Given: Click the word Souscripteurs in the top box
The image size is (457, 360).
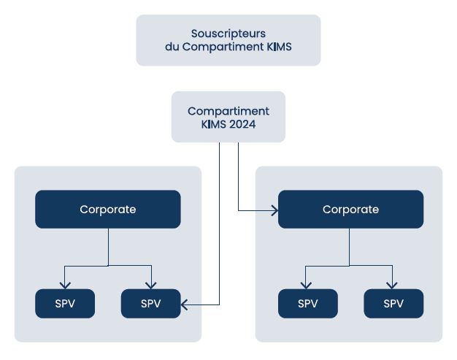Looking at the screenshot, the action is pyautogui.click(x=228, y=34).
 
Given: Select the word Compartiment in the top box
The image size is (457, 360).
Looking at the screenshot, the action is pyautogui.click(x=223, y=47).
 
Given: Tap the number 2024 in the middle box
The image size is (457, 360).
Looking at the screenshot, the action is pyautogui.click(x=242, y=124).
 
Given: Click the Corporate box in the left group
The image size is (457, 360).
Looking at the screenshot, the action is pyautogui.click(x=108, y=210).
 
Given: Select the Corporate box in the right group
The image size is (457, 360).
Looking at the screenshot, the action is pyautogui.click(x=350, y=210).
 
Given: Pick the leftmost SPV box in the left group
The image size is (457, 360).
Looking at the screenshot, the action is pyautogui.click(x=65, y=304).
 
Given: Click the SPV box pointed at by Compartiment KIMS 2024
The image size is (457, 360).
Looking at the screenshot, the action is pyautogui.click(x=150, y=304).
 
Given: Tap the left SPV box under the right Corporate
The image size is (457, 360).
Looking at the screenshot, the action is pyautogui.click(x=308, y=304).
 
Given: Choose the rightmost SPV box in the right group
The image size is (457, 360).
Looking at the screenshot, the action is pyautogui.click(x=393, y=304).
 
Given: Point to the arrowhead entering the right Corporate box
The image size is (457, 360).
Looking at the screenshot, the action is pyautogui.click(x=275, y=210).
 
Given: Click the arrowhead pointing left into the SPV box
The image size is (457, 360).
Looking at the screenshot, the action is pyautogui.click(x=184, y=305).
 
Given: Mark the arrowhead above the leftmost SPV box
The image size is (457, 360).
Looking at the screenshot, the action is pyautogui.click(x=65, y=285).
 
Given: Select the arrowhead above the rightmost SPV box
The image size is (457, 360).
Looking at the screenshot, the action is pyautogui.click(x=392, y=285).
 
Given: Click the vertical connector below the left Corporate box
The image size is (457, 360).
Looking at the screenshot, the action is pyautogui.click(x=109, y=247).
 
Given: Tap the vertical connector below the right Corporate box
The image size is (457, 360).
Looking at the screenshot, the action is pyautogui.click(x=349, y=247).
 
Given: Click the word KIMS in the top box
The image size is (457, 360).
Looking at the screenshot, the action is pyautogui.click(x=279, y=47).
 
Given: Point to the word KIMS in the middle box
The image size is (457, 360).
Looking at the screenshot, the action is pyautogui.click(x=214, y=124).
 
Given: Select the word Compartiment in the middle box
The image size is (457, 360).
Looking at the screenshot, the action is pyautogui.click(x=228, y=112).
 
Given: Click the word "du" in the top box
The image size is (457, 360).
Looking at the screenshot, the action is pyautogui.click(x=172, y=47).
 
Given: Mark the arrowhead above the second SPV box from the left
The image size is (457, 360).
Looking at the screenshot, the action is pyautogui.click(x=151, y=285).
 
